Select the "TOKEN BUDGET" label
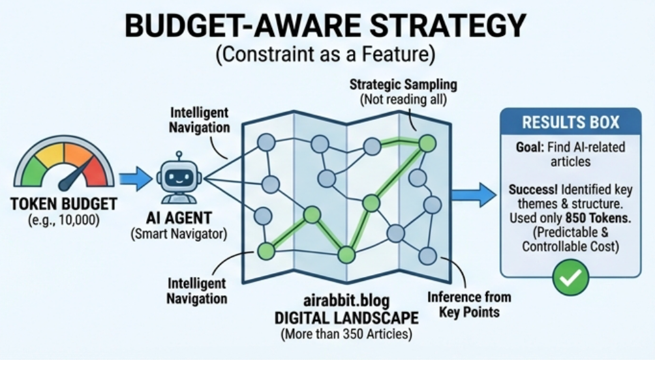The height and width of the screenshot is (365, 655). [64, 204]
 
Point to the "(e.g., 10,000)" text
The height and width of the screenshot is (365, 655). [64, 220]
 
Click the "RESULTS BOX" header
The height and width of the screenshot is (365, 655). [570, 122]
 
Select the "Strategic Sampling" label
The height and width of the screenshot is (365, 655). [403, 85]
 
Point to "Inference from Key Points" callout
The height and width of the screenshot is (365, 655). [469, 304]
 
